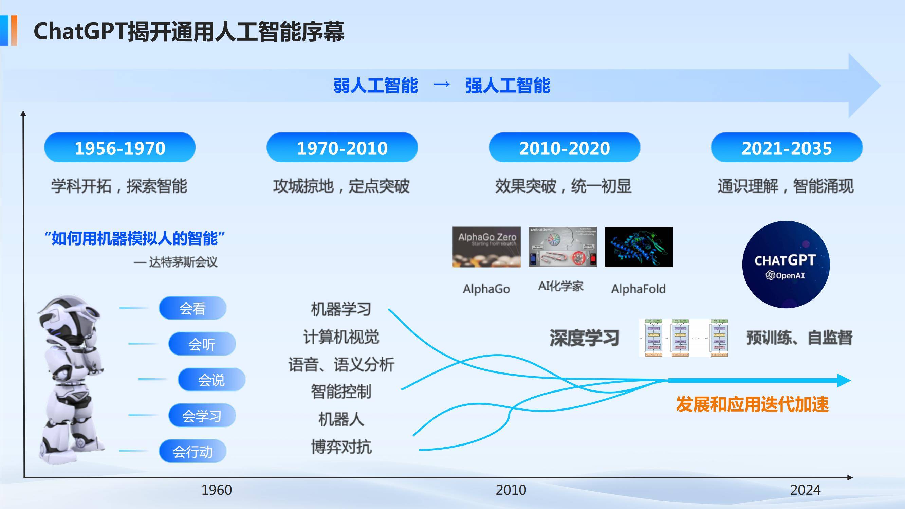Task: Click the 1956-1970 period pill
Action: click(120, 148)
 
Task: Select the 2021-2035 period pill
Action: click(786, 148)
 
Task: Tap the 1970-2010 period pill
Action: click(342, 148)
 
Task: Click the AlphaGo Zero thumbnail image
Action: click(486, 247)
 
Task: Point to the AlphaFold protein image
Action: click(638, 247)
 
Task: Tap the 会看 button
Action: click(192, 308)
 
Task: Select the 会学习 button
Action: click(202, 416)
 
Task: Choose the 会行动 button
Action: click(192, 451)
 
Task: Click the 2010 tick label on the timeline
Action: click(511, 490)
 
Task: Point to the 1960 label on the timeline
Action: click(217, 490)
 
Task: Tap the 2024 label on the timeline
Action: click(805, 490)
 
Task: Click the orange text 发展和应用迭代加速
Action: click(752, 404)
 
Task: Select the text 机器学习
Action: click(341, 309)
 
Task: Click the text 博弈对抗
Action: click(341, 447)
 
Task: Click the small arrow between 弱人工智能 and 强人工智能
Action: click(442, 84)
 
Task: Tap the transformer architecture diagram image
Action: click(683, 338)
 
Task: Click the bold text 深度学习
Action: click(584, 338)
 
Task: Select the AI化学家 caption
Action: click(561, 286)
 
